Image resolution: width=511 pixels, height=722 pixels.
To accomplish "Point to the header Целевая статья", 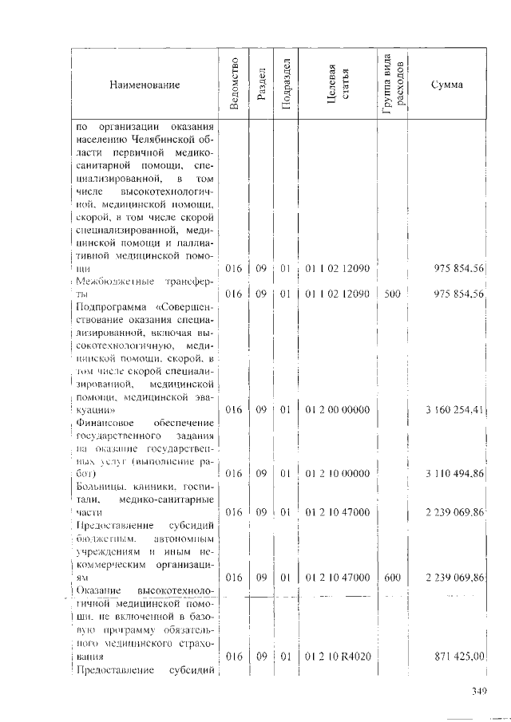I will point(336,84).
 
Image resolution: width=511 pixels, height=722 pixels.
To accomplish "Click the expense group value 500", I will point(391,294).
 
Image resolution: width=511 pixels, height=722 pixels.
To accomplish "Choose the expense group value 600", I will point(391,576).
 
